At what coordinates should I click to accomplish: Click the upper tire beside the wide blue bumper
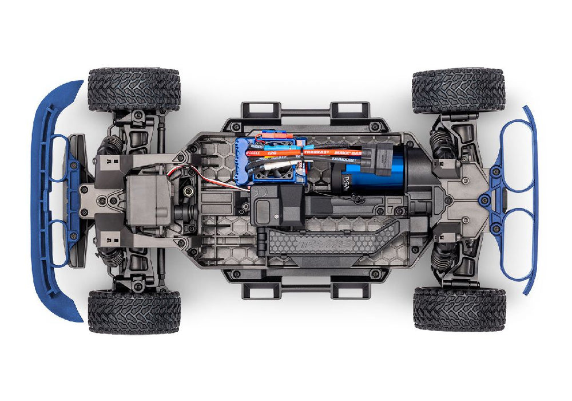pos(134,89)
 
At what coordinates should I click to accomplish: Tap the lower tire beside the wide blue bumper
pos(134,311)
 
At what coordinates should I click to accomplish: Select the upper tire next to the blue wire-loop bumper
pos(459,91)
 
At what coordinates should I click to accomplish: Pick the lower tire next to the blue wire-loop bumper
pos(459,309)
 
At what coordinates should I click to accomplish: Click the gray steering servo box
pos(148,198)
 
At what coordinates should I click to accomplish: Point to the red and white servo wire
pos(177,171)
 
